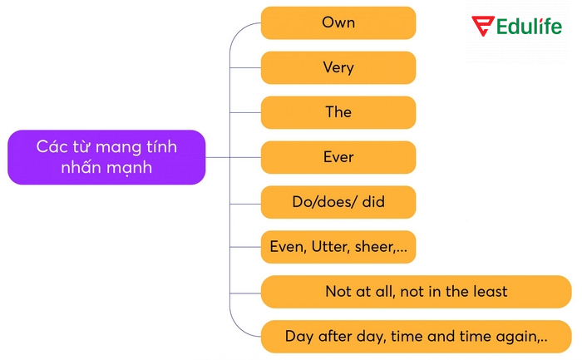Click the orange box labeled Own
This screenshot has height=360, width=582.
pos(338,23)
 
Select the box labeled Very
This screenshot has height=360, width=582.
pos(338,68)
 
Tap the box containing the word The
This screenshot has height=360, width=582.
pos(338,112)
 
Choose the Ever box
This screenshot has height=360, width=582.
pos(338,157)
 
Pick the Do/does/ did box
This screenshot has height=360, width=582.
pos(338,202)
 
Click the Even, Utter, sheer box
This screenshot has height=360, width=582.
pos(338,247)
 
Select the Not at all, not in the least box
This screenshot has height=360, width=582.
pos(416,292)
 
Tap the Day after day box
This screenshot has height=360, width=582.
pos(416,337)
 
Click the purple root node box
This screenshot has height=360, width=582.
pos(106,157)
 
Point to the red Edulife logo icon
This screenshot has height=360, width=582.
pos(483,27)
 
